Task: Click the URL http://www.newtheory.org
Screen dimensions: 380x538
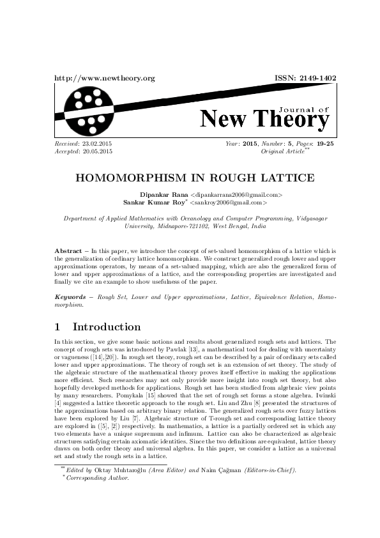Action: click(x=105, y=78)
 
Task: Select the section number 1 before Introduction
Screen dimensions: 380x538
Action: click(x=58, y=327)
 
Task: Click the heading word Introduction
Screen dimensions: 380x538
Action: click(x=107, y=327)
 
